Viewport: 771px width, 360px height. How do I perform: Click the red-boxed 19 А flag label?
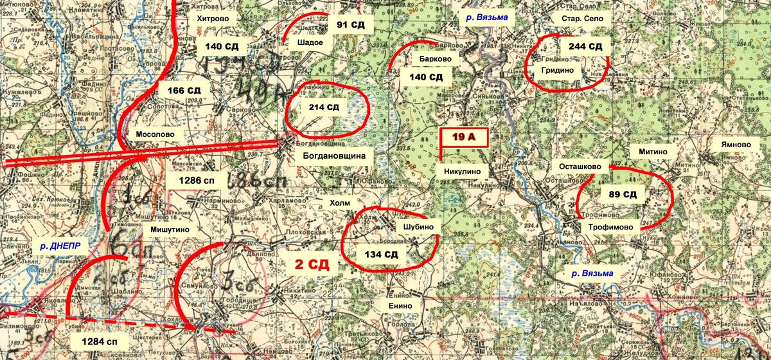coord(463,137)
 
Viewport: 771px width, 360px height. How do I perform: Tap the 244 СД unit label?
coord(585,46)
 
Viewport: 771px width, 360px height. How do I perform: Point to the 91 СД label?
coord(351,25)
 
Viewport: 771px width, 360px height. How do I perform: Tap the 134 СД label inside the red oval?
coord(382,255)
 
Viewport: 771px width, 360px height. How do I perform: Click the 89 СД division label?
coord(622,194)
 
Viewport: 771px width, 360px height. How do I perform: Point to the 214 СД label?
coord(325,107)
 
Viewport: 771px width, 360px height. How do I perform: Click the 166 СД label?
coord(184,91)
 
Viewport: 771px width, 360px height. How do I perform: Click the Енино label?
coord(400,306)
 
